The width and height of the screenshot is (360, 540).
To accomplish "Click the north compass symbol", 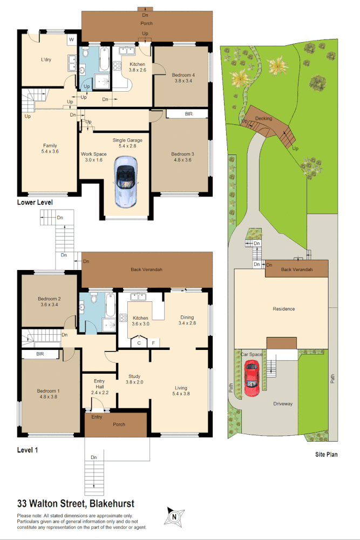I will click(174, 516).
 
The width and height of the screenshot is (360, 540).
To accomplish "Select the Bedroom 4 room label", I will click(182, 75).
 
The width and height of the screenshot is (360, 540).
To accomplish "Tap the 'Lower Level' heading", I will click(35, 202).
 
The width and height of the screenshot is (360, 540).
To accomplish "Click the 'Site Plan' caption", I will click(326, 454).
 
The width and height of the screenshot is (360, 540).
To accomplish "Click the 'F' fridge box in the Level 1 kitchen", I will click(154, 342).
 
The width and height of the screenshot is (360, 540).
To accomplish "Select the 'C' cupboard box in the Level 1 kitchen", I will click(139, 342).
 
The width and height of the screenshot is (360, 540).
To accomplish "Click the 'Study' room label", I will click(134, 376).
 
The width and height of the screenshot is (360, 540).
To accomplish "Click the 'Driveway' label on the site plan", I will click(282, 403).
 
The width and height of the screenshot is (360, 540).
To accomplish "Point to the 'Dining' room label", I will click(187, 318).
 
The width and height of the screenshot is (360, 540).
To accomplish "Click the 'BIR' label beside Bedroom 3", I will click(188, 114).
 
